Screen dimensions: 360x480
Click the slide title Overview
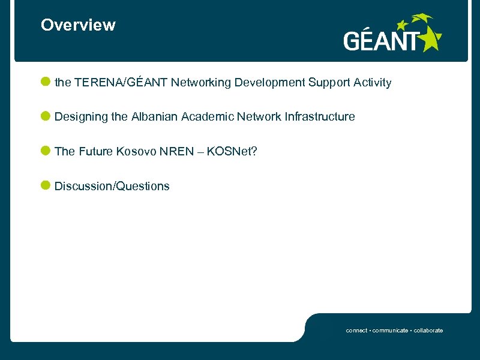(78, 25)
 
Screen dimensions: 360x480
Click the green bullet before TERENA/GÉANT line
(46, 82)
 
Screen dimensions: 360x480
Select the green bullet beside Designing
(46, 116)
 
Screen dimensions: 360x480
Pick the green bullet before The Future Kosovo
(46, 151)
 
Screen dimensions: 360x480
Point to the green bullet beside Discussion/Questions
(46, 185)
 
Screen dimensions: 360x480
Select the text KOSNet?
(232, 152)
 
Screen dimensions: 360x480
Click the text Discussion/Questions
(112, 187)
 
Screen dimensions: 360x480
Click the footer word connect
(356, 331)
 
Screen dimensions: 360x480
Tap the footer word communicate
(391, 331)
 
